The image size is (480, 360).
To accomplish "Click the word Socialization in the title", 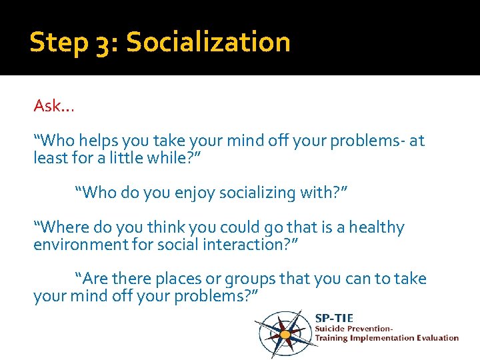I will click(x=208, y=42).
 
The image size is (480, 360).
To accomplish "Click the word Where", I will click(x=64, y=227).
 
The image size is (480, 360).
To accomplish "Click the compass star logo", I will click(x=283, y=333).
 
